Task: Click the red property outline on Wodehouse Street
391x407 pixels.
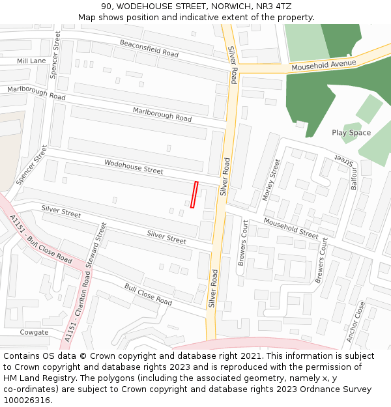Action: click(x=194, y=195)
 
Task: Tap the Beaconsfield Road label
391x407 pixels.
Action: click(x=149, y=48)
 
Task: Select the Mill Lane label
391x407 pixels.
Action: click(x=31, y=61)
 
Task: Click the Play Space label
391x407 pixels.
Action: click(x=351, y=133)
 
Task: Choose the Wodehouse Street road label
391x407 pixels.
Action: click(x=134, y=166)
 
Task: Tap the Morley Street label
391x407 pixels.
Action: click(x=271, y=179)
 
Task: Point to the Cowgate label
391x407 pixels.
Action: click(x=34, y=332)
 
